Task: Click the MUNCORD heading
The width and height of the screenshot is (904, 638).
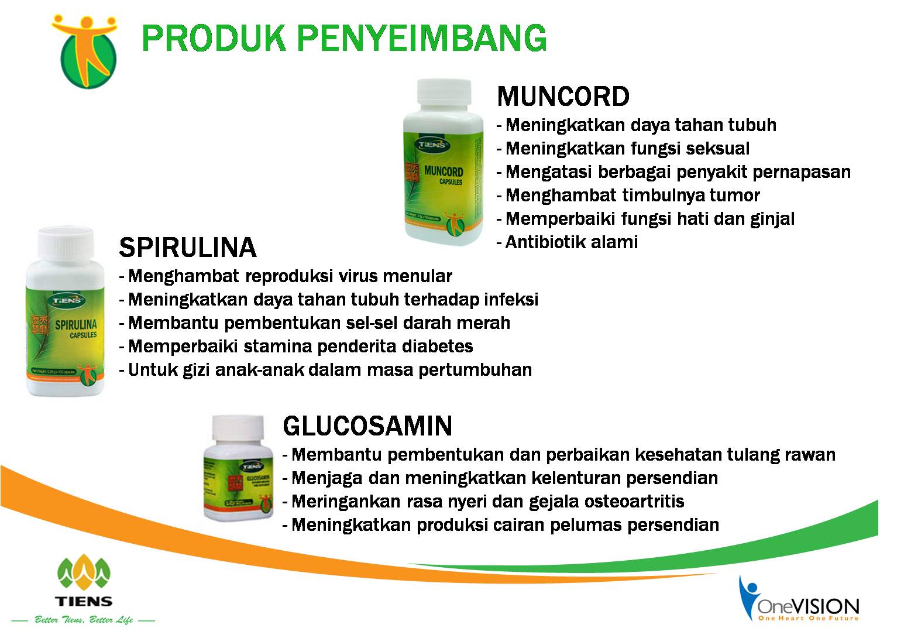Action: click(x=563, y=97)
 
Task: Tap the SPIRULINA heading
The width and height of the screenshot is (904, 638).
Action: click(x=188, y=248)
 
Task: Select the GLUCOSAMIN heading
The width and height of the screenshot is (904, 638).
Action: click(x=367, y=426)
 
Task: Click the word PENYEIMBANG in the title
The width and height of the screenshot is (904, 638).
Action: click(x=422, y=39)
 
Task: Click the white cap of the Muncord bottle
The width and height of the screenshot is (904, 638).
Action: click(x=444, y=95)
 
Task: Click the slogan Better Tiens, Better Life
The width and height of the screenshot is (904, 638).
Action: click(x=84, y=620)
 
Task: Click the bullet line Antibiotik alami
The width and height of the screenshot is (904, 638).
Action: click(x=568, y=242)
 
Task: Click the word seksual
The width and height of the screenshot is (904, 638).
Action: click(x=717, y=148)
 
